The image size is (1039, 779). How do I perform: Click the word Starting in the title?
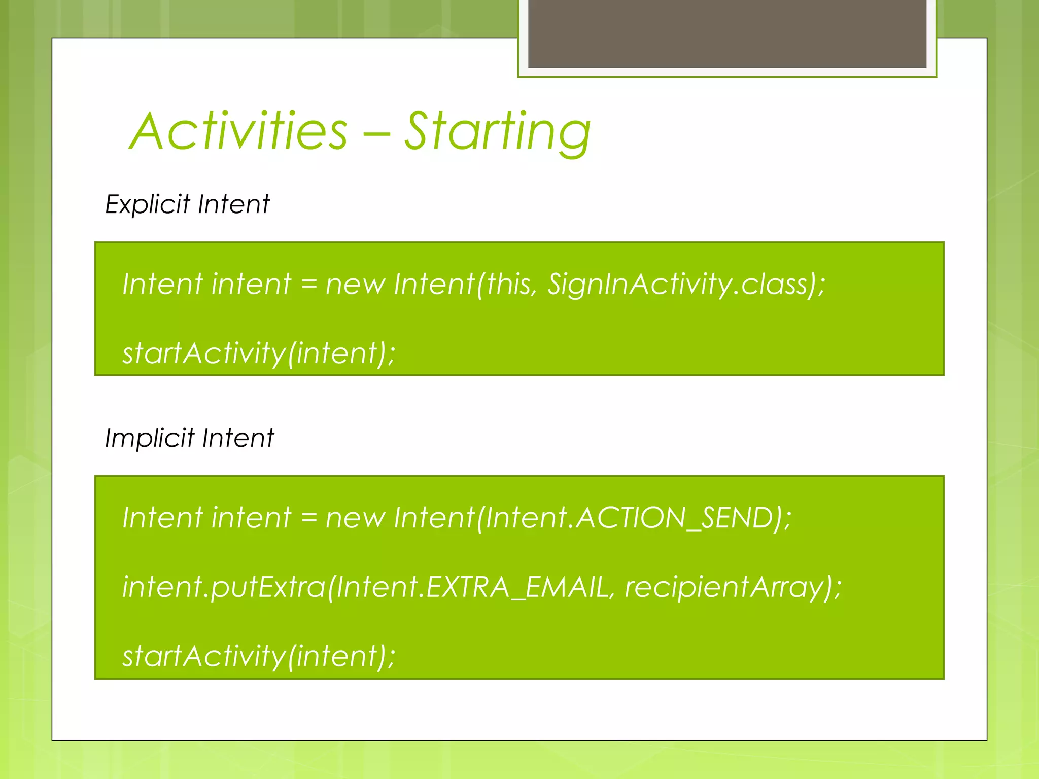[497, 133]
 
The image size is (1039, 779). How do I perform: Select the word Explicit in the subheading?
[148, 205]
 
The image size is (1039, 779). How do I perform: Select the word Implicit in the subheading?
[150, 438]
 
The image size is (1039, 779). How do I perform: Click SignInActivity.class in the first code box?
[677, 284]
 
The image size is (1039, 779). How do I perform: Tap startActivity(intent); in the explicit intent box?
[259, 353]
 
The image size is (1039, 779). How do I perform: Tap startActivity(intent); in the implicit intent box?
[259, 656]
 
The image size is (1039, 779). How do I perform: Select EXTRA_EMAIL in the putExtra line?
[517, 587]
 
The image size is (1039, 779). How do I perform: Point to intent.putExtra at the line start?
[223, 587]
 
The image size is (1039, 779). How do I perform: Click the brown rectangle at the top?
[727, 33]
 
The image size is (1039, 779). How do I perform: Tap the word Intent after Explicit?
[234, 205]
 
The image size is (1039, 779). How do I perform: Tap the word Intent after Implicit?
[238, 438]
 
